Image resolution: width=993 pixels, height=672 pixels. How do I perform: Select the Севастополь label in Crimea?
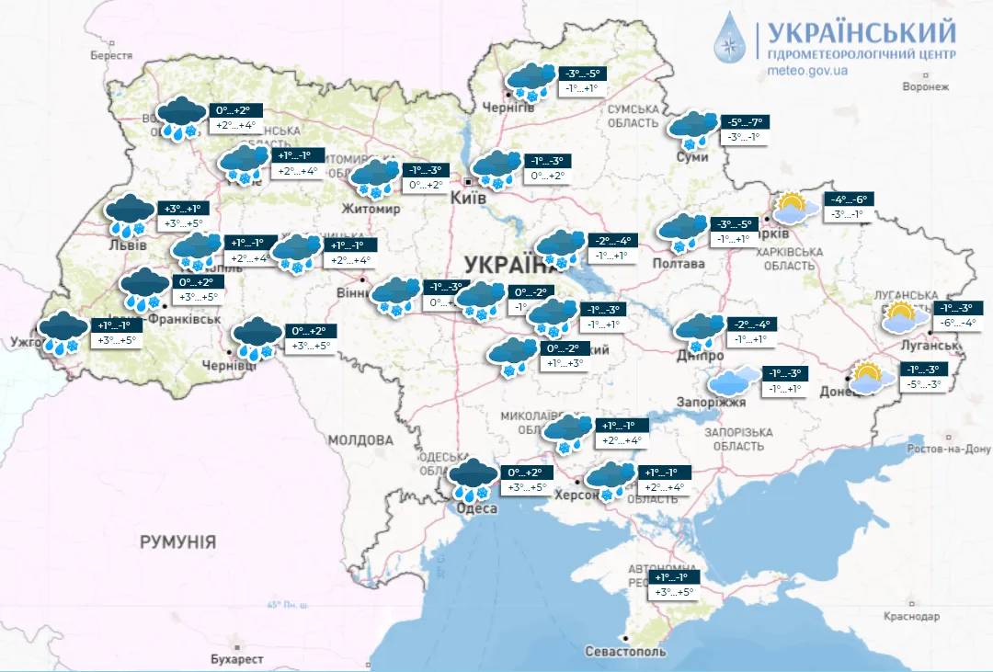click(x=625, y=651)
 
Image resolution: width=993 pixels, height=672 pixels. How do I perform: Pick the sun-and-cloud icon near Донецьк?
click(x=872, y=378)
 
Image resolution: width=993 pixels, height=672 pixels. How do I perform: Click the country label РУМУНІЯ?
click(x=177, y=542)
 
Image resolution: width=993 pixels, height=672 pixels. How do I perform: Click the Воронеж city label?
click(x=925, y=86)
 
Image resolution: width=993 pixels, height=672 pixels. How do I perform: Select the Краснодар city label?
click(x=913, y=616)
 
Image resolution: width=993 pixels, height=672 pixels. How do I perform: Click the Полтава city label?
click(x=679, y=264)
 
